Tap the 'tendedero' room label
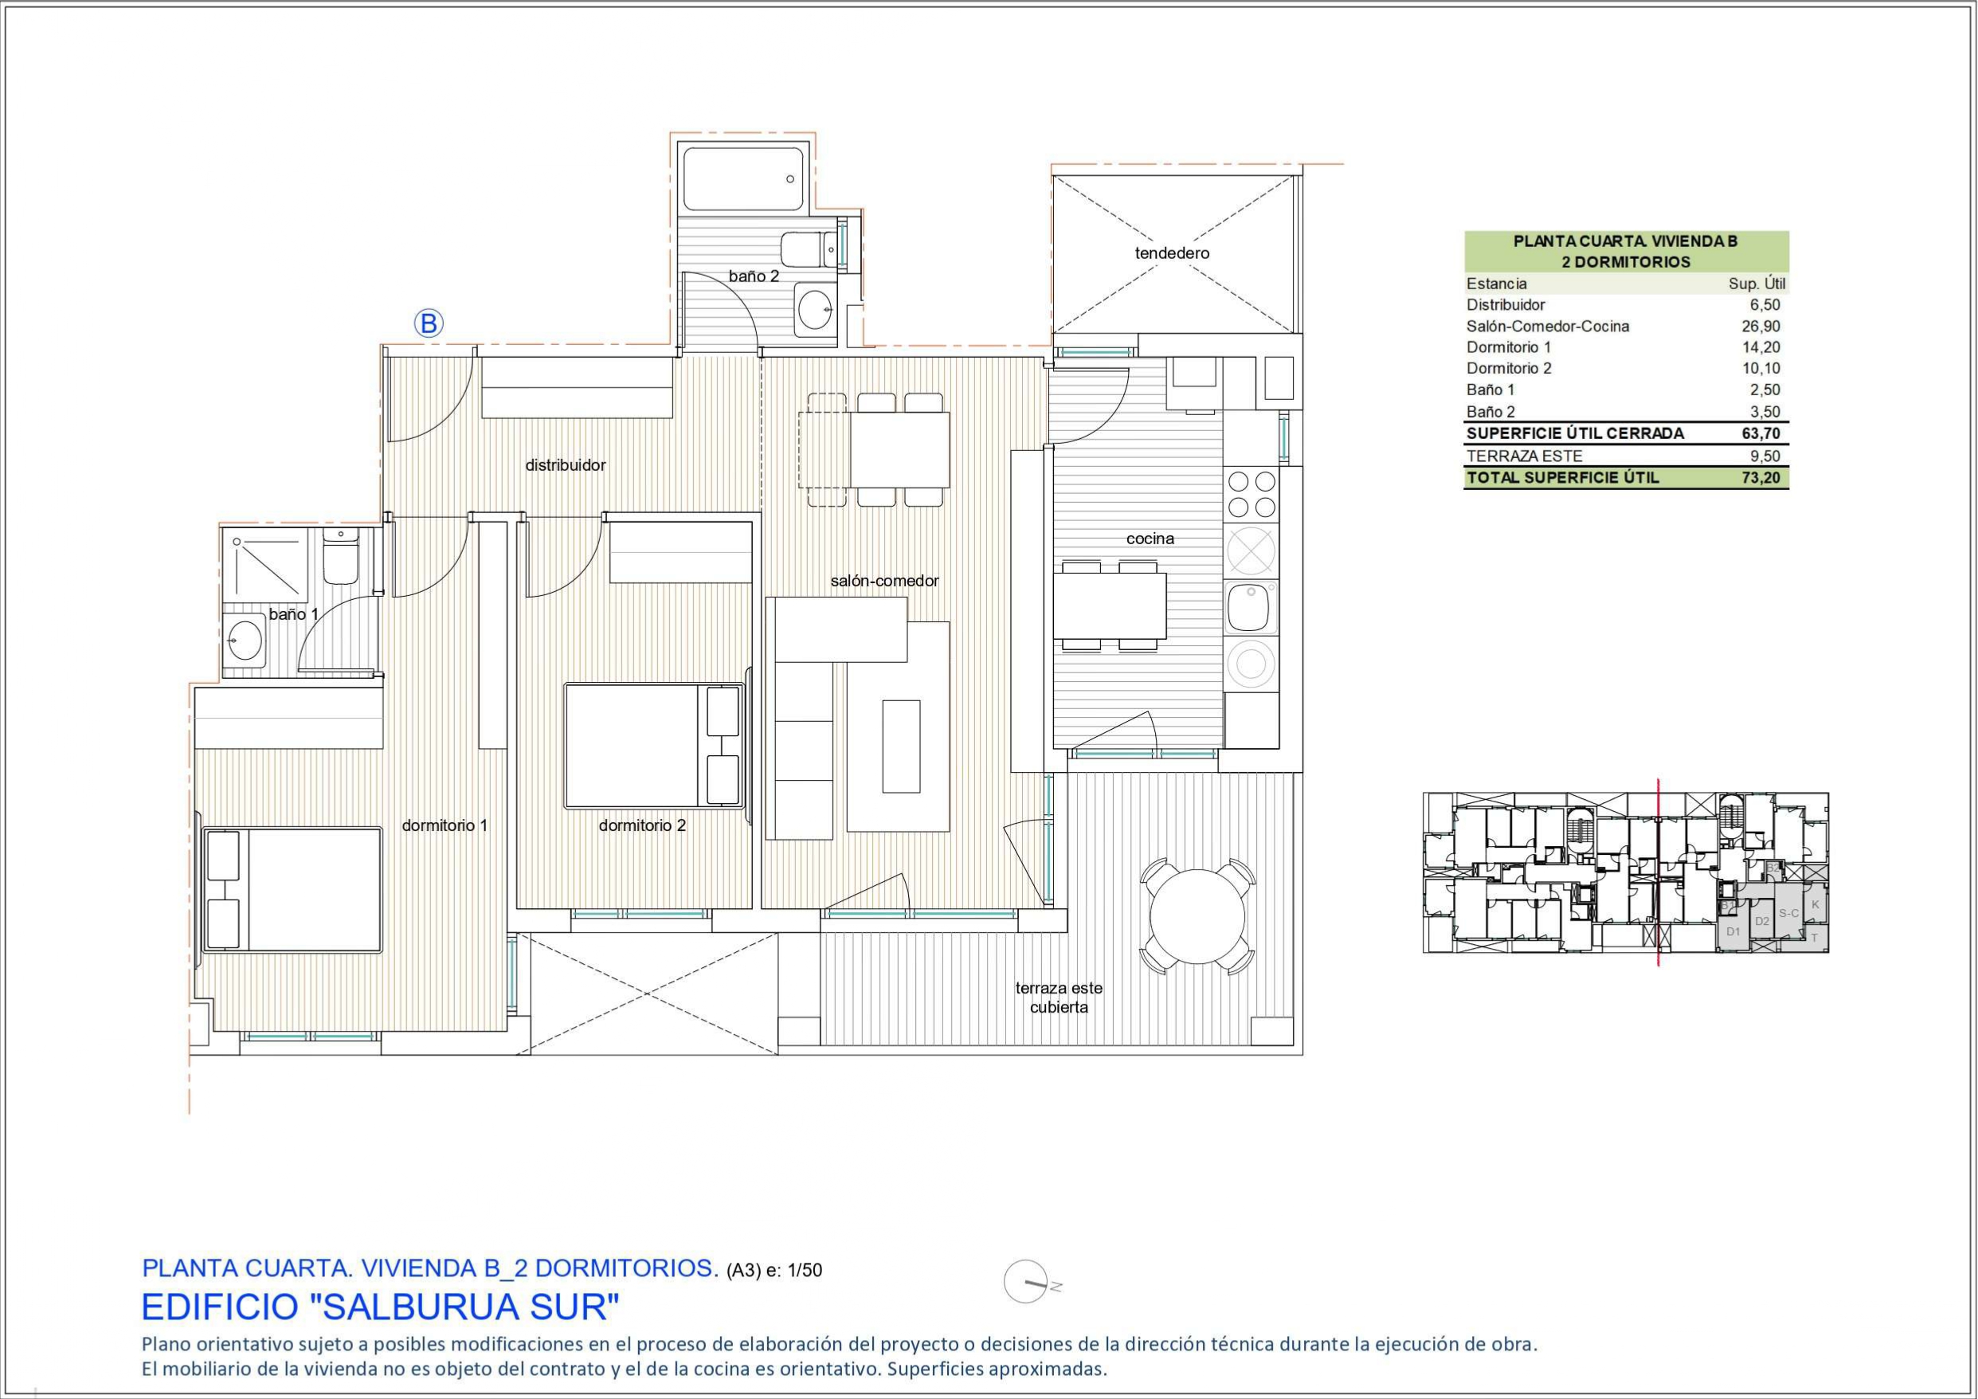point(1172,253)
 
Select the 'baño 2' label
point(754,276)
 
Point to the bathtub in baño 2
point(742,179)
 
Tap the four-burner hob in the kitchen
point(1251,494)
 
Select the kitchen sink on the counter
point(1251,607)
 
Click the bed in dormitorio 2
point(654,746)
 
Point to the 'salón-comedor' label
point(884,582)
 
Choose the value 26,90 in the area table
point(1765,327)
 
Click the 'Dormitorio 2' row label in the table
point(1510,369)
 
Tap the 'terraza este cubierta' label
point(1059,997)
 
